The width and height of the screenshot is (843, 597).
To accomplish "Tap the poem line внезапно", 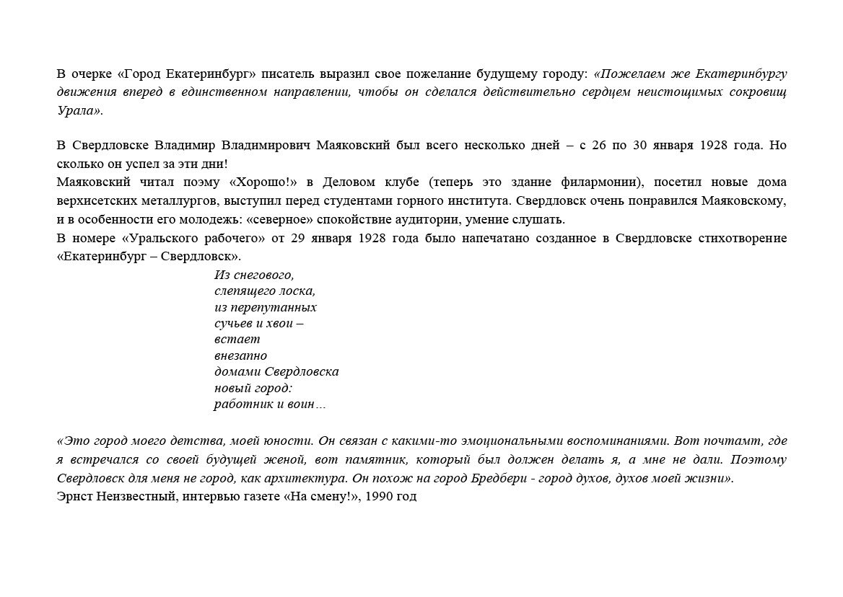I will pyautogui.click(x=240, y=355).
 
